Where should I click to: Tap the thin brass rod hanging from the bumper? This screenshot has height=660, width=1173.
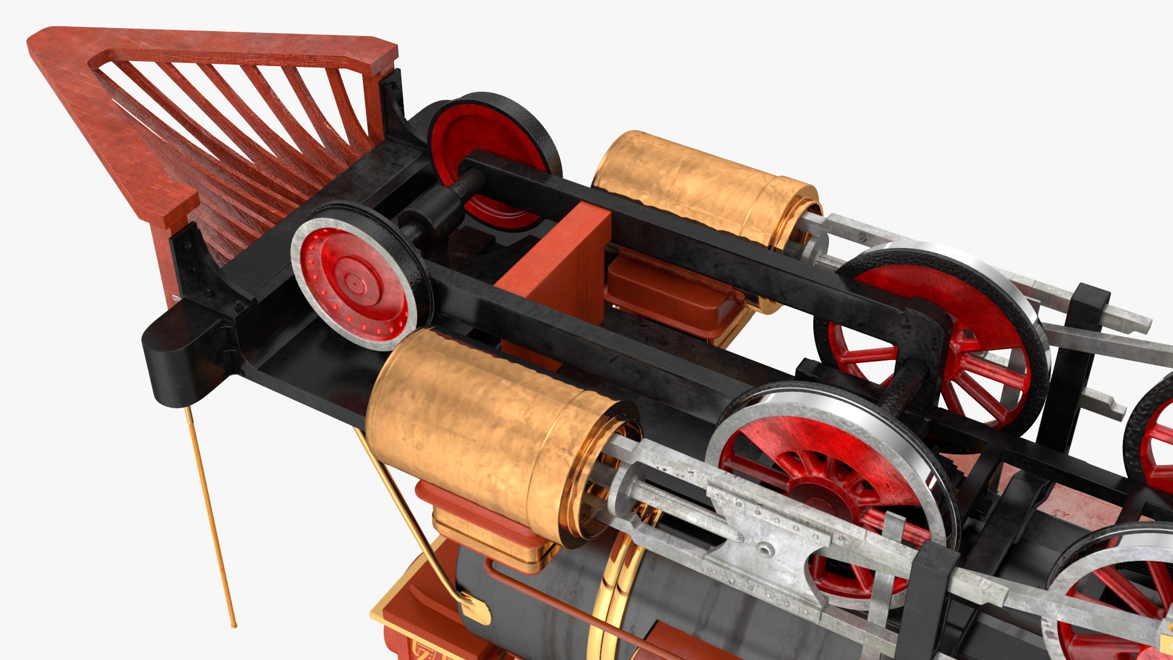click(x=211, y=519)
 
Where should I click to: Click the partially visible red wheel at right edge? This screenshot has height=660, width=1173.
click(x=1155, y=440)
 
